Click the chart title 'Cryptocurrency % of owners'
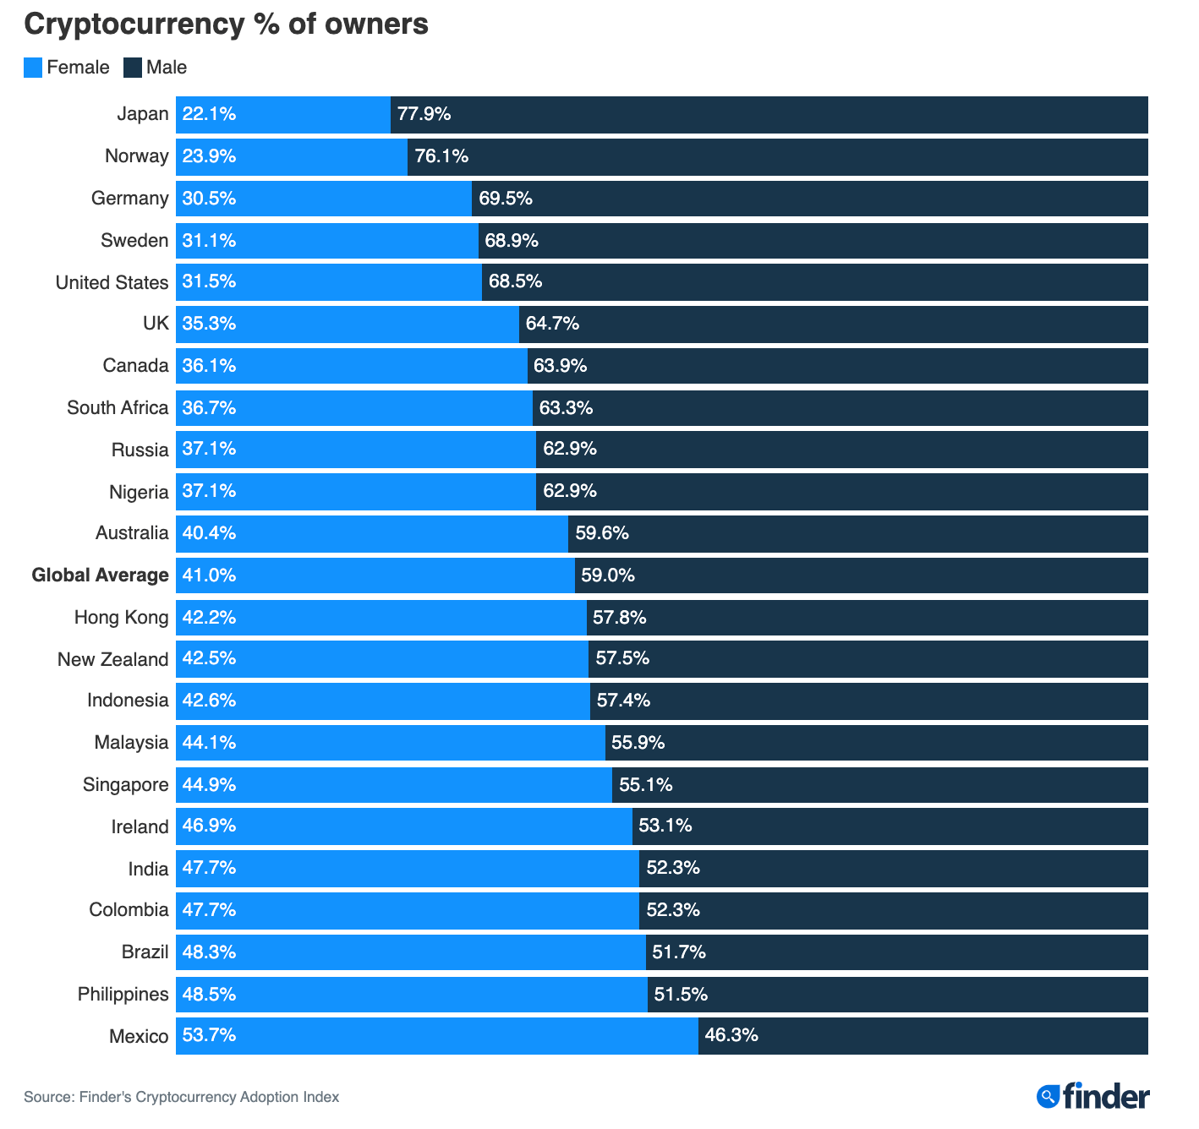(226, 25)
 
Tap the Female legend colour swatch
(33, 68)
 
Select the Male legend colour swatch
(133, 68)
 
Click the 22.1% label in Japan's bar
(209, 114)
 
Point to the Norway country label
(136, 156)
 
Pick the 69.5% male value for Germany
(506, 199)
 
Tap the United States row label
(112, 282)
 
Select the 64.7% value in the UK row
(552, 324)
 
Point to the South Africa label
(118, 408)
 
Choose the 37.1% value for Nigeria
(209, 491)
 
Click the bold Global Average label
(100, 575)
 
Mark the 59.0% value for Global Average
(608, 575)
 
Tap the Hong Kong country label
(121, 618)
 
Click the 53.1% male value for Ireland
(665, 826)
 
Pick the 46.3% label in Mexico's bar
(731, 1035)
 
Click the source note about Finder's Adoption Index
(181, 1097)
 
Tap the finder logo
(1093, 1097)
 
